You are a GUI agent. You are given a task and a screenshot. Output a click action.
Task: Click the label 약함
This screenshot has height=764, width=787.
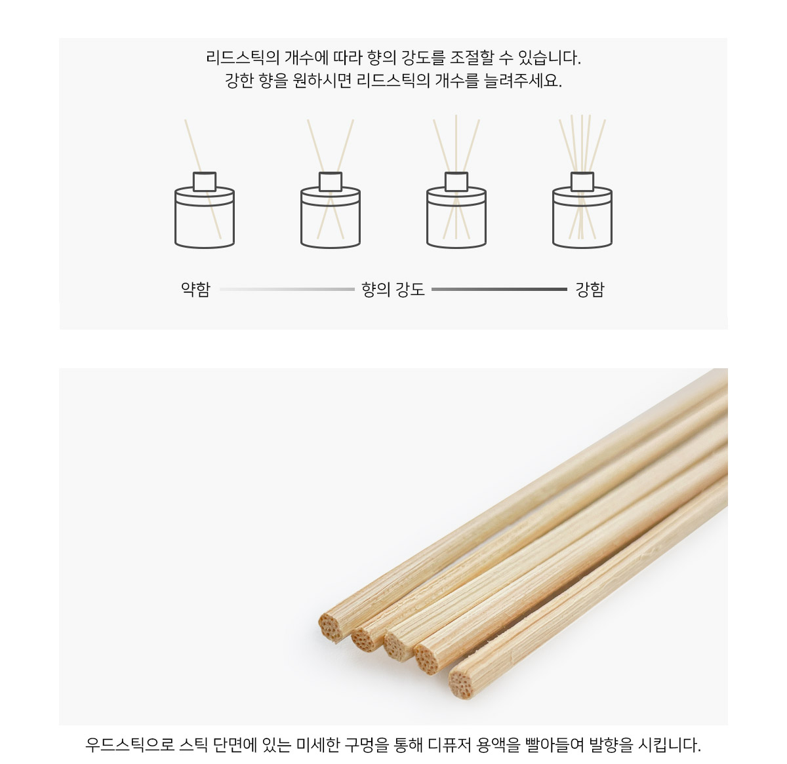[195, 289]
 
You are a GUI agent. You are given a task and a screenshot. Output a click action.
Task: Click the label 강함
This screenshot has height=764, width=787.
[590, 289]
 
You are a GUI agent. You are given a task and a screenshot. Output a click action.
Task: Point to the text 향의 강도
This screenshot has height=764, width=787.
[393, 289]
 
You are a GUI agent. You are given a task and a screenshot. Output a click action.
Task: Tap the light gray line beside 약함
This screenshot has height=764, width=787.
[287, 289]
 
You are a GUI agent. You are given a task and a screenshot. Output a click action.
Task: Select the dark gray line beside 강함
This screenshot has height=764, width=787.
[500, 289]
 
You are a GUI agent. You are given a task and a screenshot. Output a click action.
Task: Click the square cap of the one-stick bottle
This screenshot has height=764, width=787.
[205, 181]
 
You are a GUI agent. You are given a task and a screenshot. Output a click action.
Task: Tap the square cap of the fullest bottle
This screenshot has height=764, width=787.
[582, 181]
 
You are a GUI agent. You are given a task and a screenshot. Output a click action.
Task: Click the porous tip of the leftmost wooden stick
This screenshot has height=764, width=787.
[330, 628]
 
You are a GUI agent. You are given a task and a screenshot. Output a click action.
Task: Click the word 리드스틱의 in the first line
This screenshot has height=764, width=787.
[243, 58]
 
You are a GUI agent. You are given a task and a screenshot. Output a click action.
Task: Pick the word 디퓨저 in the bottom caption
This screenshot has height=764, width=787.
[450, 744]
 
